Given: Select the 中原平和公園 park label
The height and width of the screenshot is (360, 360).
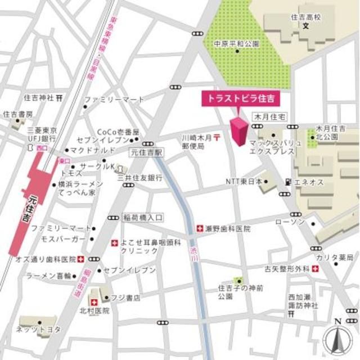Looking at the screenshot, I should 236,43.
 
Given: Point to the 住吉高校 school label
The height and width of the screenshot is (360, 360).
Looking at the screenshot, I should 306,17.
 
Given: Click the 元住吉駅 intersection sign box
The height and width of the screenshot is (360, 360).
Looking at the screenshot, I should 146,152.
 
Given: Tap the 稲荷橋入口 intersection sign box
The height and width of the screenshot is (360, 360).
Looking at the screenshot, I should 143,217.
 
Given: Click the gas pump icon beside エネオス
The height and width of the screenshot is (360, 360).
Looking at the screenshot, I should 289,181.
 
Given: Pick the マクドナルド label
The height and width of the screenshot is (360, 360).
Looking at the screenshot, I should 92,150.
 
